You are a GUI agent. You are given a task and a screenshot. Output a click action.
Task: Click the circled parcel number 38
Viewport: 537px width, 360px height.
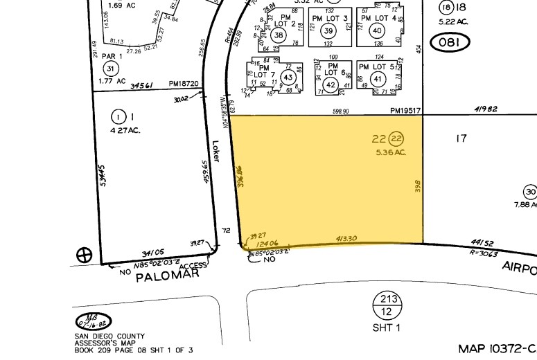click(279, 35)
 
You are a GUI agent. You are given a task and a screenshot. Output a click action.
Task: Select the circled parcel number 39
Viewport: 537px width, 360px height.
click(329, 31)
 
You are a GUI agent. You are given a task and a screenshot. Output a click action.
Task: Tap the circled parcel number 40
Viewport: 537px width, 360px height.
click(378, 30)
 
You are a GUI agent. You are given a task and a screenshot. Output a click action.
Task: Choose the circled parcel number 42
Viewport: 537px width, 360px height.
click(331, 85)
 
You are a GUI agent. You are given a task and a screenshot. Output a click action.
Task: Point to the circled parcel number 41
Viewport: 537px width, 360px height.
click(378, 78)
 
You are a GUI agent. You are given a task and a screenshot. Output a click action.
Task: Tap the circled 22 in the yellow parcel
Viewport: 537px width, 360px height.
click(396, 138)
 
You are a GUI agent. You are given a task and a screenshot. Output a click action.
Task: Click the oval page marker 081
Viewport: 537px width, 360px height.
click(450, 43)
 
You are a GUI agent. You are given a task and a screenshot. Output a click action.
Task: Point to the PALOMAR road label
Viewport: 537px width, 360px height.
click(167, 276)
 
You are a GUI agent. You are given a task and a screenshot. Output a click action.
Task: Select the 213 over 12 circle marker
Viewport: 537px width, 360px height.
click(387, 306)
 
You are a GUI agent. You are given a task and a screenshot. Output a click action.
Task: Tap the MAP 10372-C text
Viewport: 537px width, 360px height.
click(497, 348)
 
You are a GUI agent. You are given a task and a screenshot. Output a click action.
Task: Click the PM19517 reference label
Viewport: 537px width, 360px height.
click(405, 111)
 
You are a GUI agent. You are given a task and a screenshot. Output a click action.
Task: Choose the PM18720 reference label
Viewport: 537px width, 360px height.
click(184, 84)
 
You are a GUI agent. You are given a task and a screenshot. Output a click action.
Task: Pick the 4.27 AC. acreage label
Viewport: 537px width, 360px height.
click(125, 129)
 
